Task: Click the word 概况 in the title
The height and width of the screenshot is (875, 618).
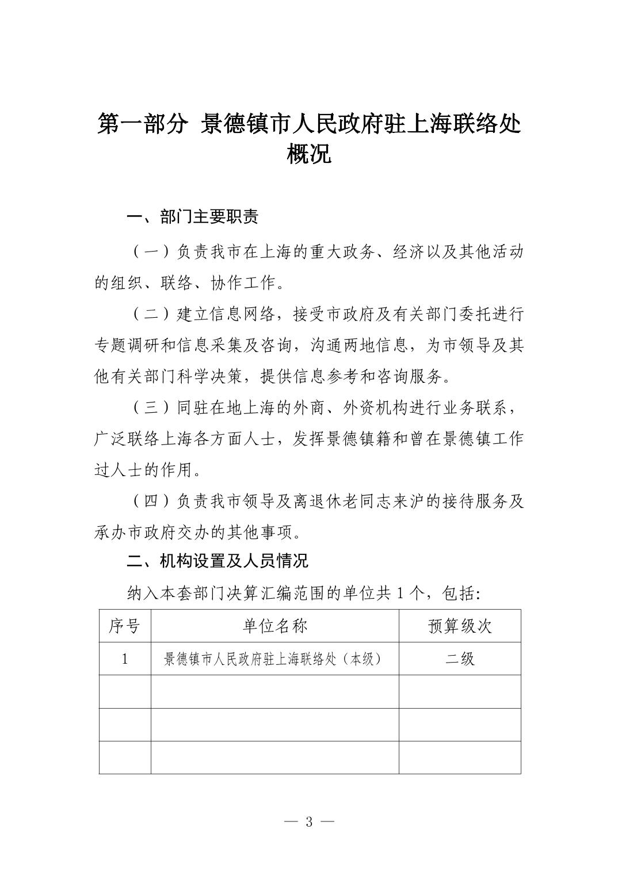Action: click(x=309, y=154)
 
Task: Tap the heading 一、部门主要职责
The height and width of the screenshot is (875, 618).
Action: click(x=192, y=218)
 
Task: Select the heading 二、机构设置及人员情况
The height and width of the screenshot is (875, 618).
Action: click(x=217, y=561)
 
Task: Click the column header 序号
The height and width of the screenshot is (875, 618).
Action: click(x=124, y=626)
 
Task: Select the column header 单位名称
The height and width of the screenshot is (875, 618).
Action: click(x=274, y=626)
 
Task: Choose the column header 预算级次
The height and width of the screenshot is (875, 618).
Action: click(x=460, y=626)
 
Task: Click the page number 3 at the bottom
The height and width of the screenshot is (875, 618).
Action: click(x=309, y=821)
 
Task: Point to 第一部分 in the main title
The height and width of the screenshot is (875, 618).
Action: click(x=143, y=124)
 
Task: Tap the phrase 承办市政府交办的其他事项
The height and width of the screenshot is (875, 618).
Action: click(x=196, y=533)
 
